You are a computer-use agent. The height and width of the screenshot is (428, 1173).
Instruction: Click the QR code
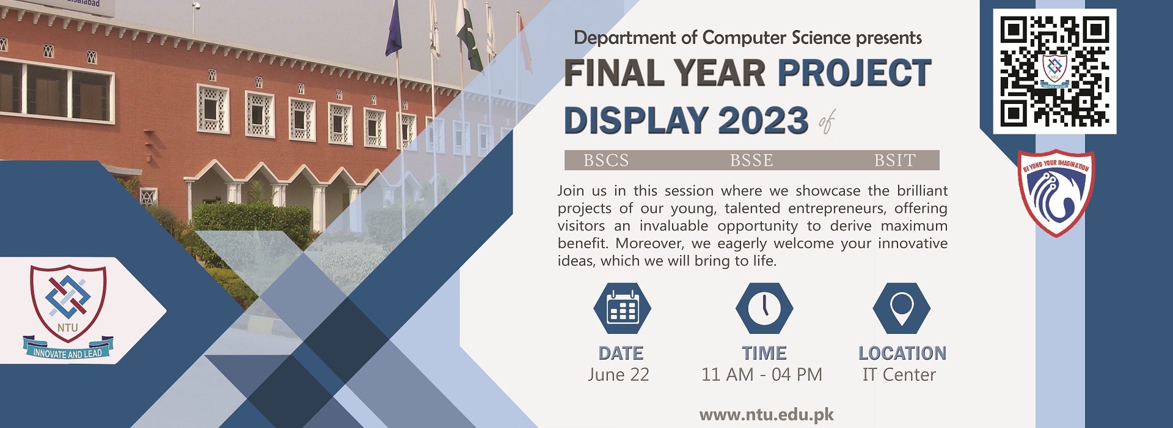[x=1054, y=72]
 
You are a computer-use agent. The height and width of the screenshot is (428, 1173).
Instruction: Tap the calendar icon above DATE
[x=622, y=308]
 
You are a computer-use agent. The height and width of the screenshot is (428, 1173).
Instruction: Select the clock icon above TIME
[x=764, y=308]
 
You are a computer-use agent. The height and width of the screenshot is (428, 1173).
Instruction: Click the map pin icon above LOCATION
[x=902, y=308]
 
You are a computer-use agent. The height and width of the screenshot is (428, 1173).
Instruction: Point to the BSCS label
[x=606, y=160]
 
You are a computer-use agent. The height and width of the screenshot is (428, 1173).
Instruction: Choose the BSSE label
[x=751, y=160]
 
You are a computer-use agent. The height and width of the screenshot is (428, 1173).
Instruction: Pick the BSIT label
[x=895, y=160]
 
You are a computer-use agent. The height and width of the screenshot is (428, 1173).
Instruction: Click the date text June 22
[x=618, y=374]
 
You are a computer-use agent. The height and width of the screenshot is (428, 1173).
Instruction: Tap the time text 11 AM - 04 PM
[x=762, y=374]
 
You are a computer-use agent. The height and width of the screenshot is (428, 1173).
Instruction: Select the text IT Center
[x=899, y=374]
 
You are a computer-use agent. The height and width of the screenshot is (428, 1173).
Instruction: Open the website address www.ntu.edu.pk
[x=767, y=415]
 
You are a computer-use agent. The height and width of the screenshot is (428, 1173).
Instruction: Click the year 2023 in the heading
[x=763, y=120]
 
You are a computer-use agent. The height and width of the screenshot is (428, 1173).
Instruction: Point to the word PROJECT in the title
[x=855, y=73]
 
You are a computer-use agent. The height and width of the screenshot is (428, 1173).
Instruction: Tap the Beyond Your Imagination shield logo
[x=1056, y=193]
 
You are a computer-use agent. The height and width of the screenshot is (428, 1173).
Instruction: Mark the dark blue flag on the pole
[x=393, y=29]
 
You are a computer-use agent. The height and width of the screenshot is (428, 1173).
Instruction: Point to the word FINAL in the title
[x=613, y=73]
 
